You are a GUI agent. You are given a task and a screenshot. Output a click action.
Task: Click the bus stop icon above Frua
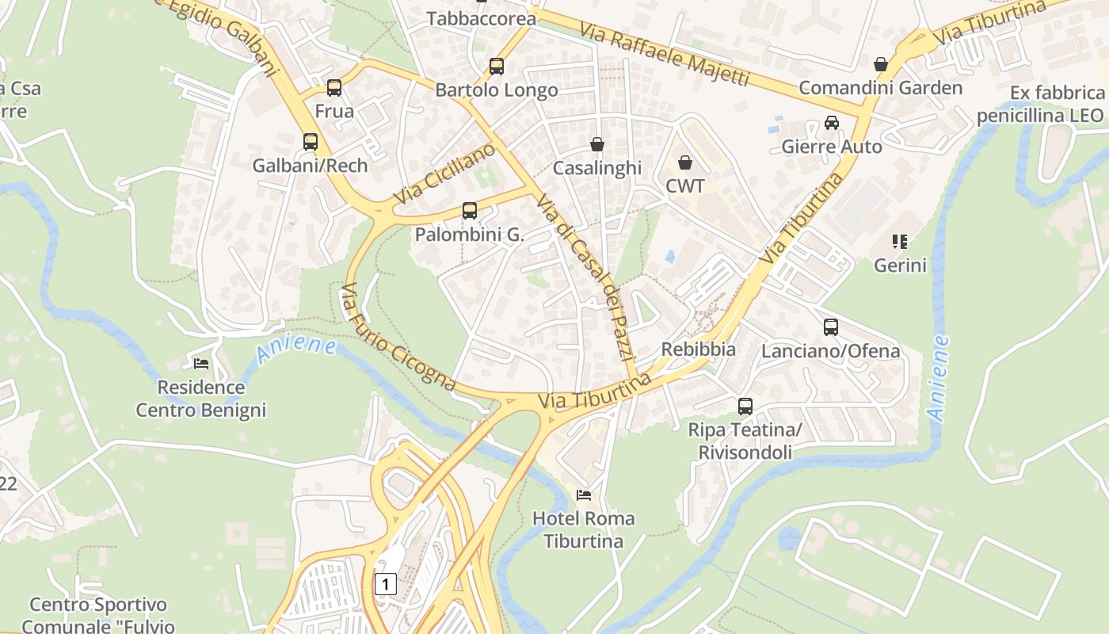(x=334, y=88)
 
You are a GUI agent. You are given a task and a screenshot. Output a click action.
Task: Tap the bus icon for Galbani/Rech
(x=311, y=142)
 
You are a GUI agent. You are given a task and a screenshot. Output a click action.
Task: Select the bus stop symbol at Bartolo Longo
(x=497, y=67)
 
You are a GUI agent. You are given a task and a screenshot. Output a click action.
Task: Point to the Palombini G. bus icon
(x=470, y=211)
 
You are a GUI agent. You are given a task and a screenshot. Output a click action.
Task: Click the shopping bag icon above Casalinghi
(x=597, y=144)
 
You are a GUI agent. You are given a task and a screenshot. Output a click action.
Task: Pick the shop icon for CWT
(x=685, y=162)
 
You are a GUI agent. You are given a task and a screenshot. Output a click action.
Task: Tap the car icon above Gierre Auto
(x=832, y=123)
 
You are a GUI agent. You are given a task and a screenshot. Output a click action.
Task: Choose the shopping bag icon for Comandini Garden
(x=880, y=64)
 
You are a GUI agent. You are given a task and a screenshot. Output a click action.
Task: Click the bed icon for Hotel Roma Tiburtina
(x=584, y=495)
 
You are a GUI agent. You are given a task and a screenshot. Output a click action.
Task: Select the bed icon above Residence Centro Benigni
(x=201, y=364)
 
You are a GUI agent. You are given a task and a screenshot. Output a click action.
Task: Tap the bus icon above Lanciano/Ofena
(x=831, y=327)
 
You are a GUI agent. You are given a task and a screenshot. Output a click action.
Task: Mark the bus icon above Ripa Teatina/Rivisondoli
(x=745, y=407)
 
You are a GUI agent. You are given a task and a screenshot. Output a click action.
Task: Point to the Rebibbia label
(x=698, y=349)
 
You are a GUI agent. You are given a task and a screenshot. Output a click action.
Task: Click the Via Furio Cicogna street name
(x=398, y=338)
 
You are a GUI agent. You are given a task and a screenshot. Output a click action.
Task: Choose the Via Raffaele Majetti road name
(x=664, y=54)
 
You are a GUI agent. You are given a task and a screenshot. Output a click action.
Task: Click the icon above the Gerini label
(x=899, y=241)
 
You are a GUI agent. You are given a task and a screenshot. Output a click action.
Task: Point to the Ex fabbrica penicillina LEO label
(x=1039, y=105)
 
